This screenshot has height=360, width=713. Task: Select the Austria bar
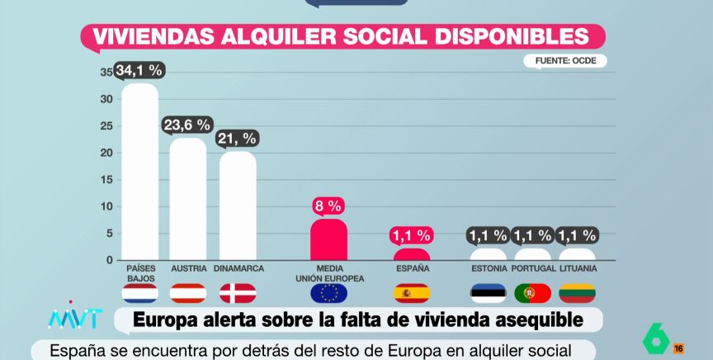tap(188, 198)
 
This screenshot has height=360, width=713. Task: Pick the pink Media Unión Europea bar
tap(328, 239)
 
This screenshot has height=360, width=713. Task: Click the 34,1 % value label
tap(139, 70)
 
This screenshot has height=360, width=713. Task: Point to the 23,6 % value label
tap(187, 126)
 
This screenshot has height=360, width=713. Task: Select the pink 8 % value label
tap(328, 206)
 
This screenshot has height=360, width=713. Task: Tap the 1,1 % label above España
tap(411, 235)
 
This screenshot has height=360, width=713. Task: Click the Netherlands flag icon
tap(139, 292)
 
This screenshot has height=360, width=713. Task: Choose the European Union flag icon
tap(328, 292)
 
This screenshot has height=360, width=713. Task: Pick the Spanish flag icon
tap(411, 292)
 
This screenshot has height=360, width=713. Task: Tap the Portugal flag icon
tap(532, 292)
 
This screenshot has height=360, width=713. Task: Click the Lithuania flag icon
tap(577, 292)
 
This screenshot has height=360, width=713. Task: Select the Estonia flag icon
tap(489, 292)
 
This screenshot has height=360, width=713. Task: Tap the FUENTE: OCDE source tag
tap(565, 60)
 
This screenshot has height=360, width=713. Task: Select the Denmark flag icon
tap(238, 292)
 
